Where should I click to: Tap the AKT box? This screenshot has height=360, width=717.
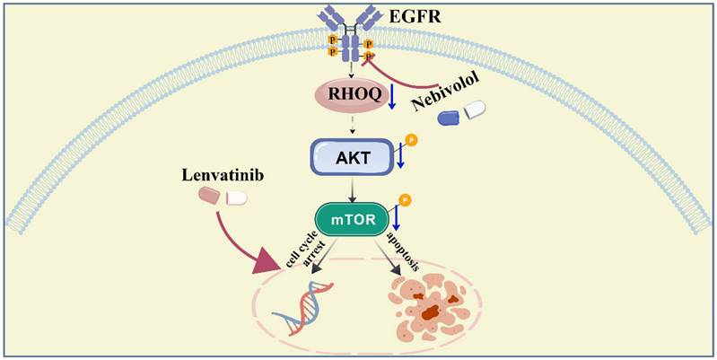[350, 156]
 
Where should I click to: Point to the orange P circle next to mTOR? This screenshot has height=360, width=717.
[404, 200]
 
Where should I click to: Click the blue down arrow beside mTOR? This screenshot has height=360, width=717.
[396, 218]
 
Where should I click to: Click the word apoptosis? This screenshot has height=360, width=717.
[398, 245]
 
